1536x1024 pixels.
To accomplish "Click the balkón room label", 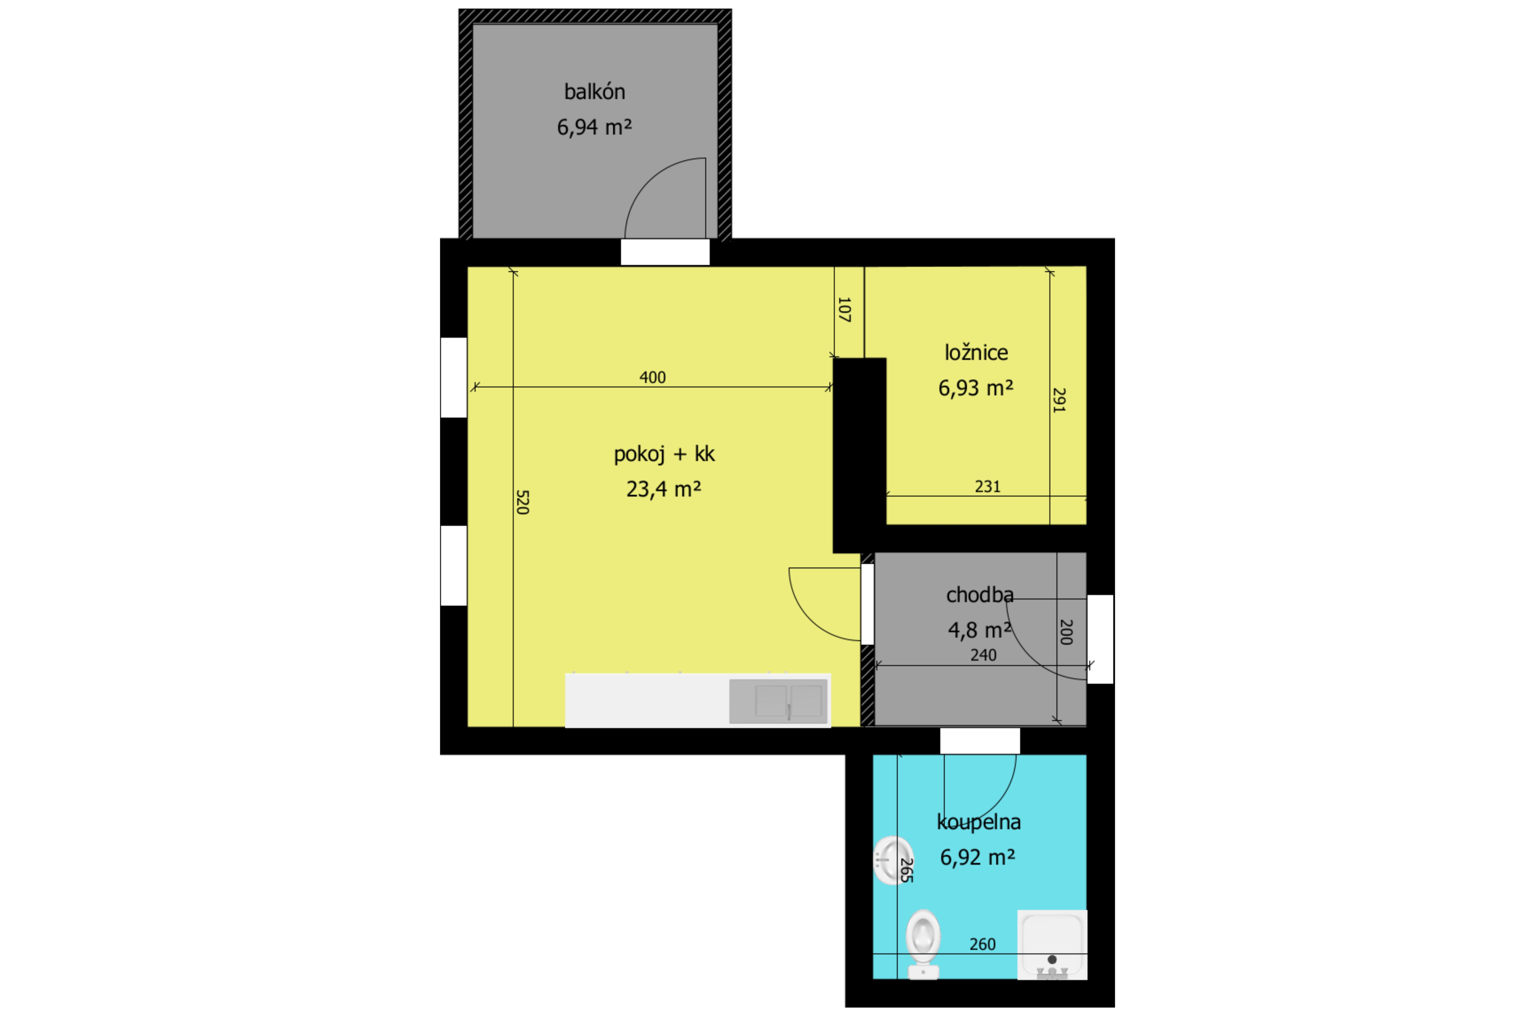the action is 594,91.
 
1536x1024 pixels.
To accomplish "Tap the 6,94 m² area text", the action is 594,127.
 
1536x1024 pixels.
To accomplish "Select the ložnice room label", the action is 976,353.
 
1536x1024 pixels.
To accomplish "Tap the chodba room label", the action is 980,595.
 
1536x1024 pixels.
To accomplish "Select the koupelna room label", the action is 978,821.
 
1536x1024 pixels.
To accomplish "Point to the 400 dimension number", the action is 652,377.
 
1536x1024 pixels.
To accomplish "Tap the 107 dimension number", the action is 844,309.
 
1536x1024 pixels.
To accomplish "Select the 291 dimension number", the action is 1059,400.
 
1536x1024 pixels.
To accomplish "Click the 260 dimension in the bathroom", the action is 982,944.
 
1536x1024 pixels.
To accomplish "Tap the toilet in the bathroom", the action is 923,944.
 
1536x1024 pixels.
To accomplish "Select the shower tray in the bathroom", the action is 1052,945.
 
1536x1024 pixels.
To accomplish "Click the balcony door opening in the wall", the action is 665,252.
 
